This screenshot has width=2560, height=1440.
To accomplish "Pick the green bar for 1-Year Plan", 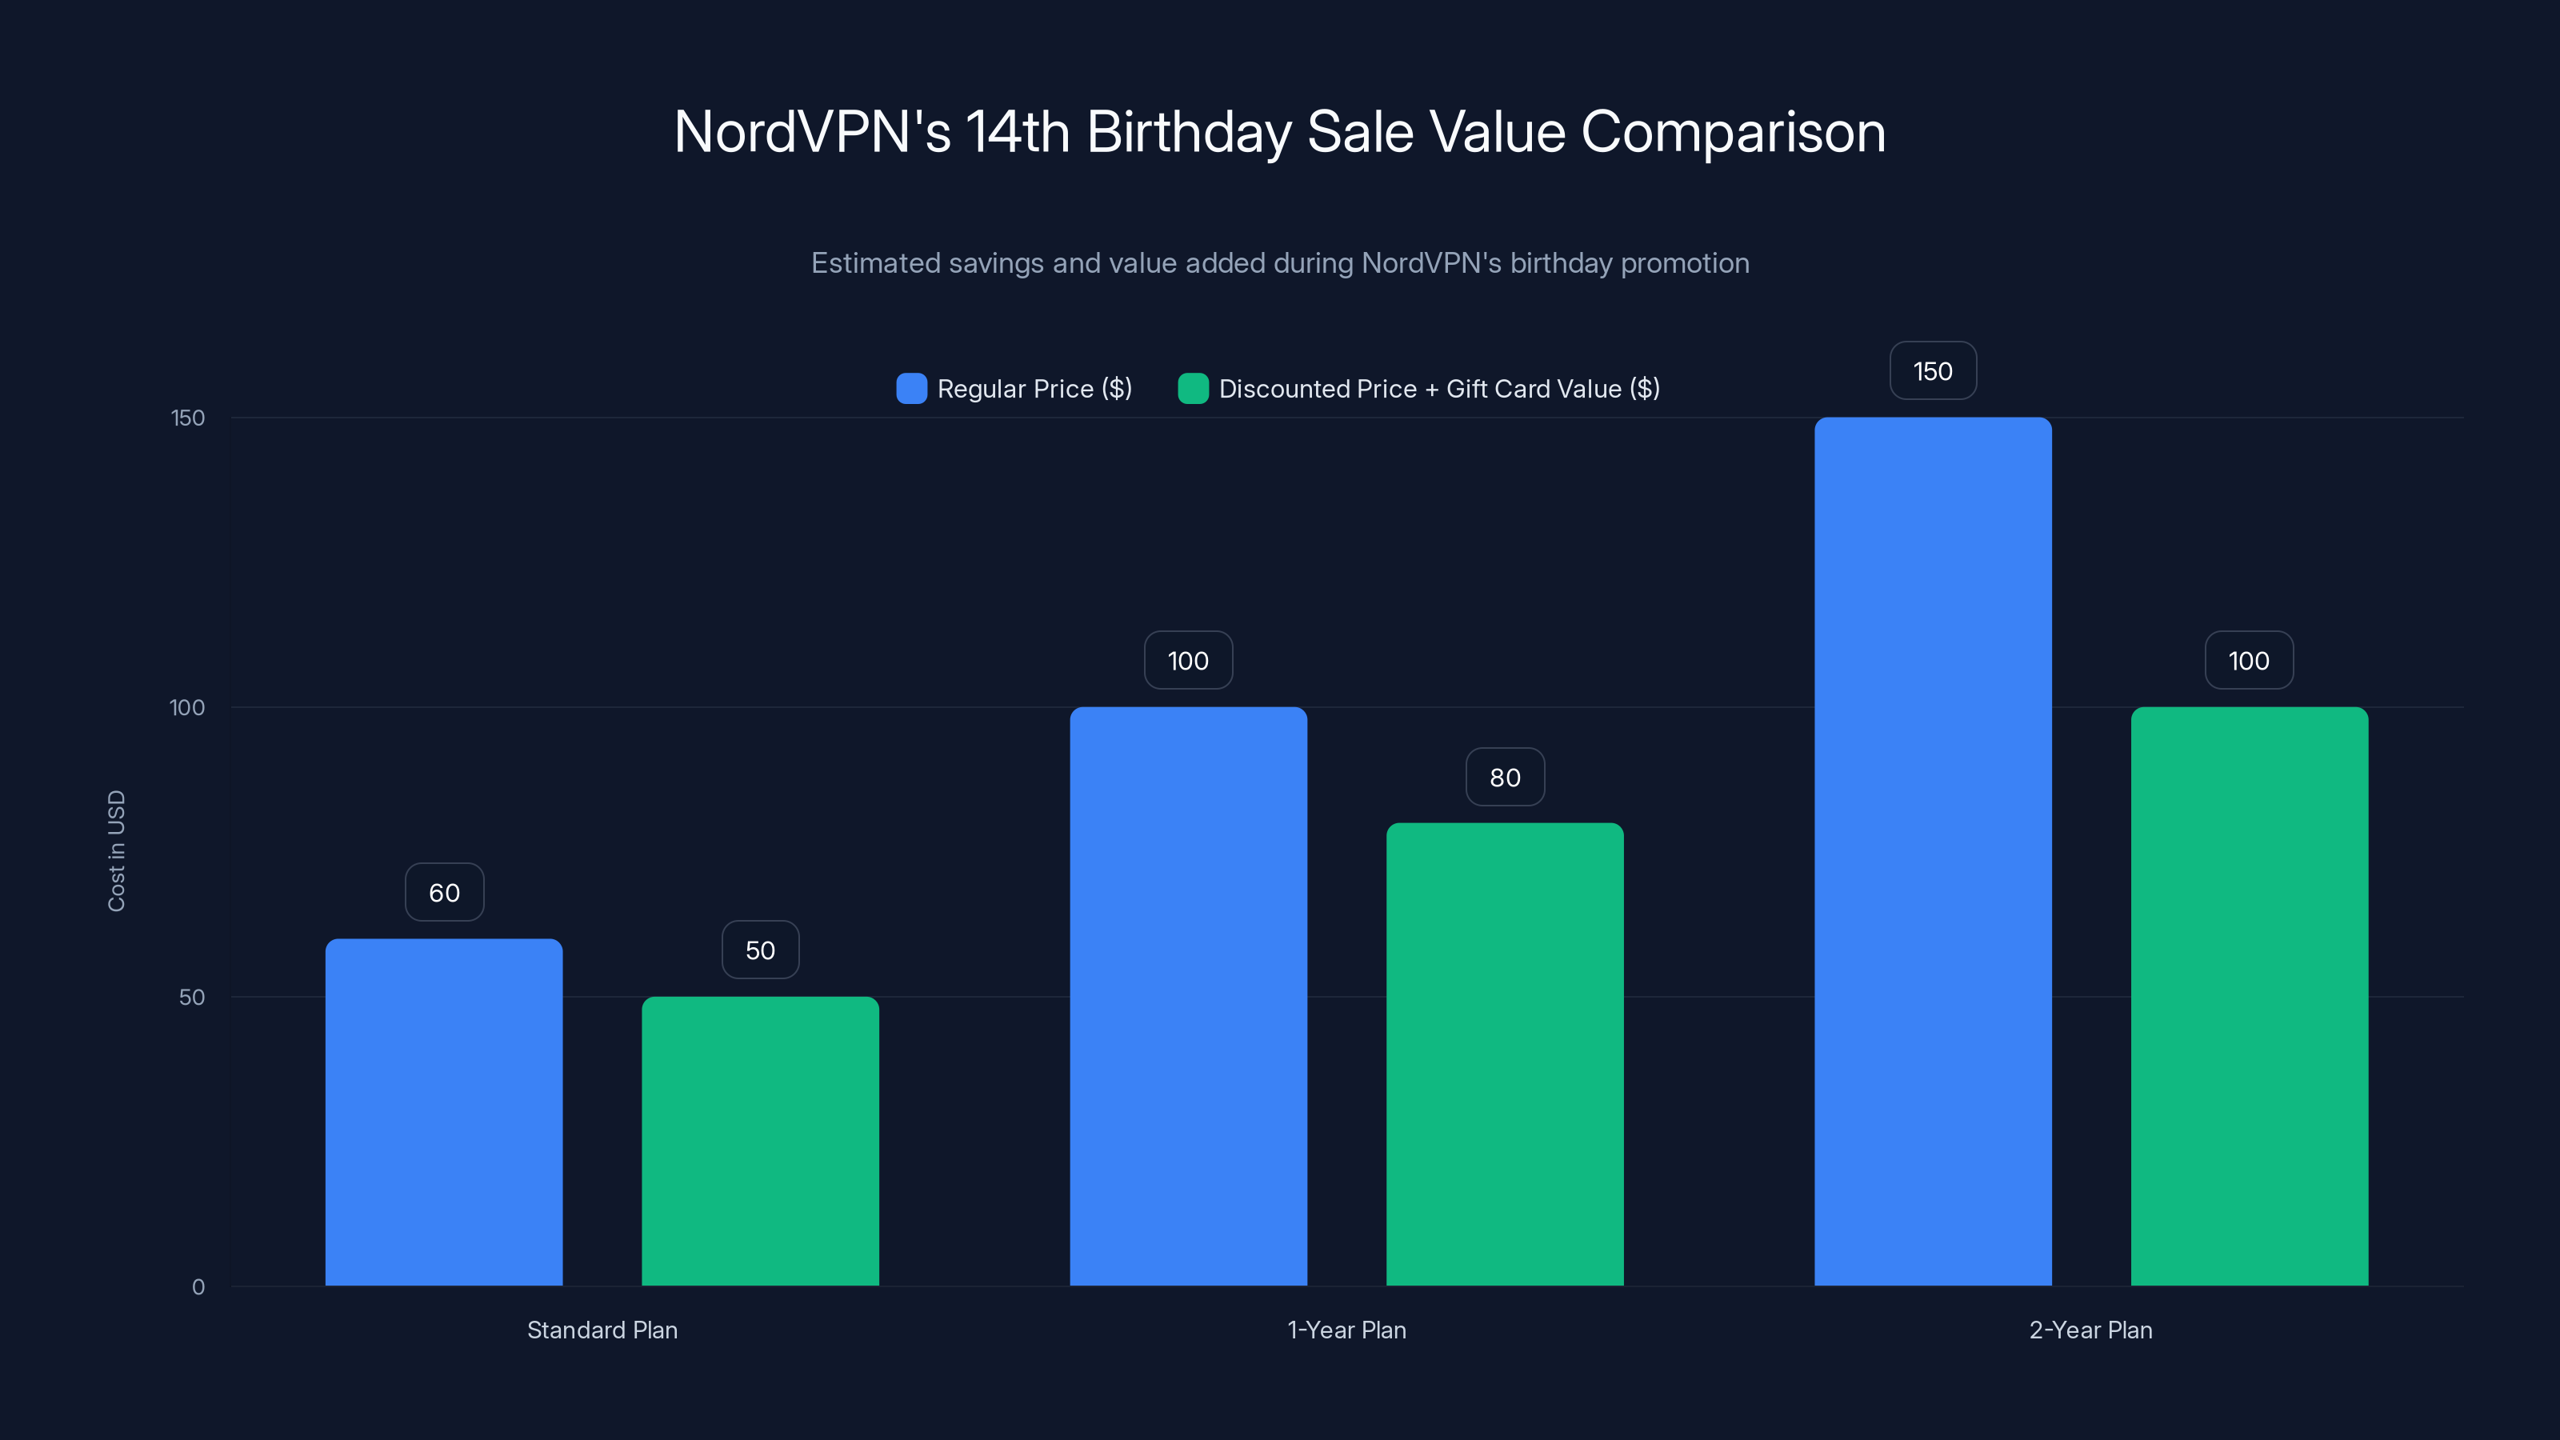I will pyautogui.click(x=1505, y=1054).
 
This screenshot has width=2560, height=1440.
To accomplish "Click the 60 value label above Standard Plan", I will pyautogui.click(x=444, y=893).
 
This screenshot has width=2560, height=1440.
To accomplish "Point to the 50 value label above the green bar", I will pyautogui.click(x=760, y=950).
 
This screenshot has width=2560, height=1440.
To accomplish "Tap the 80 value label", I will pyautogui.click(x=1505, y=777).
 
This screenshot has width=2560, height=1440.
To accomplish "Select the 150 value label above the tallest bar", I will pyautogui.click(x=1932, y=370).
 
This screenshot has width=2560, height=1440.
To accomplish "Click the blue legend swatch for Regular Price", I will pyautogui.click(x=911, y=389).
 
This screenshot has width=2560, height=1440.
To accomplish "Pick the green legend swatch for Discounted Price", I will pyautogui.click(x=1193, y=389).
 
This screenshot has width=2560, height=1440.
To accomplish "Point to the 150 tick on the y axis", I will pyautogui.click(x=188, y=418).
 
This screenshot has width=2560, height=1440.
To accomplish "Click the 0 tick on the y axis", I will pyautogui.click(x=198, y=1287).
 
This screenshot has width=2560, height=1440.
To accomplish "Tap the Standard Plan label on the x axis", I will pyautogui.click(x=602, y=1330).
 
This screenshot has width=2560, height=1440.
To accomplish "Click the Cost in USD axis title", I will pyautogui.click(x=116, y=850).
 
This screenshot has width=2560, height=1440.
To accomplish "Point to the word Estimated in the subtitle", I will pyautogui.click(x=874, y=263).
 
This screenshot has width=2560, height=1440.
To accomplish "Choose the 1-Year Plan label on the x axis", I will pyautogui.click(x=1346, y=1330).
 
